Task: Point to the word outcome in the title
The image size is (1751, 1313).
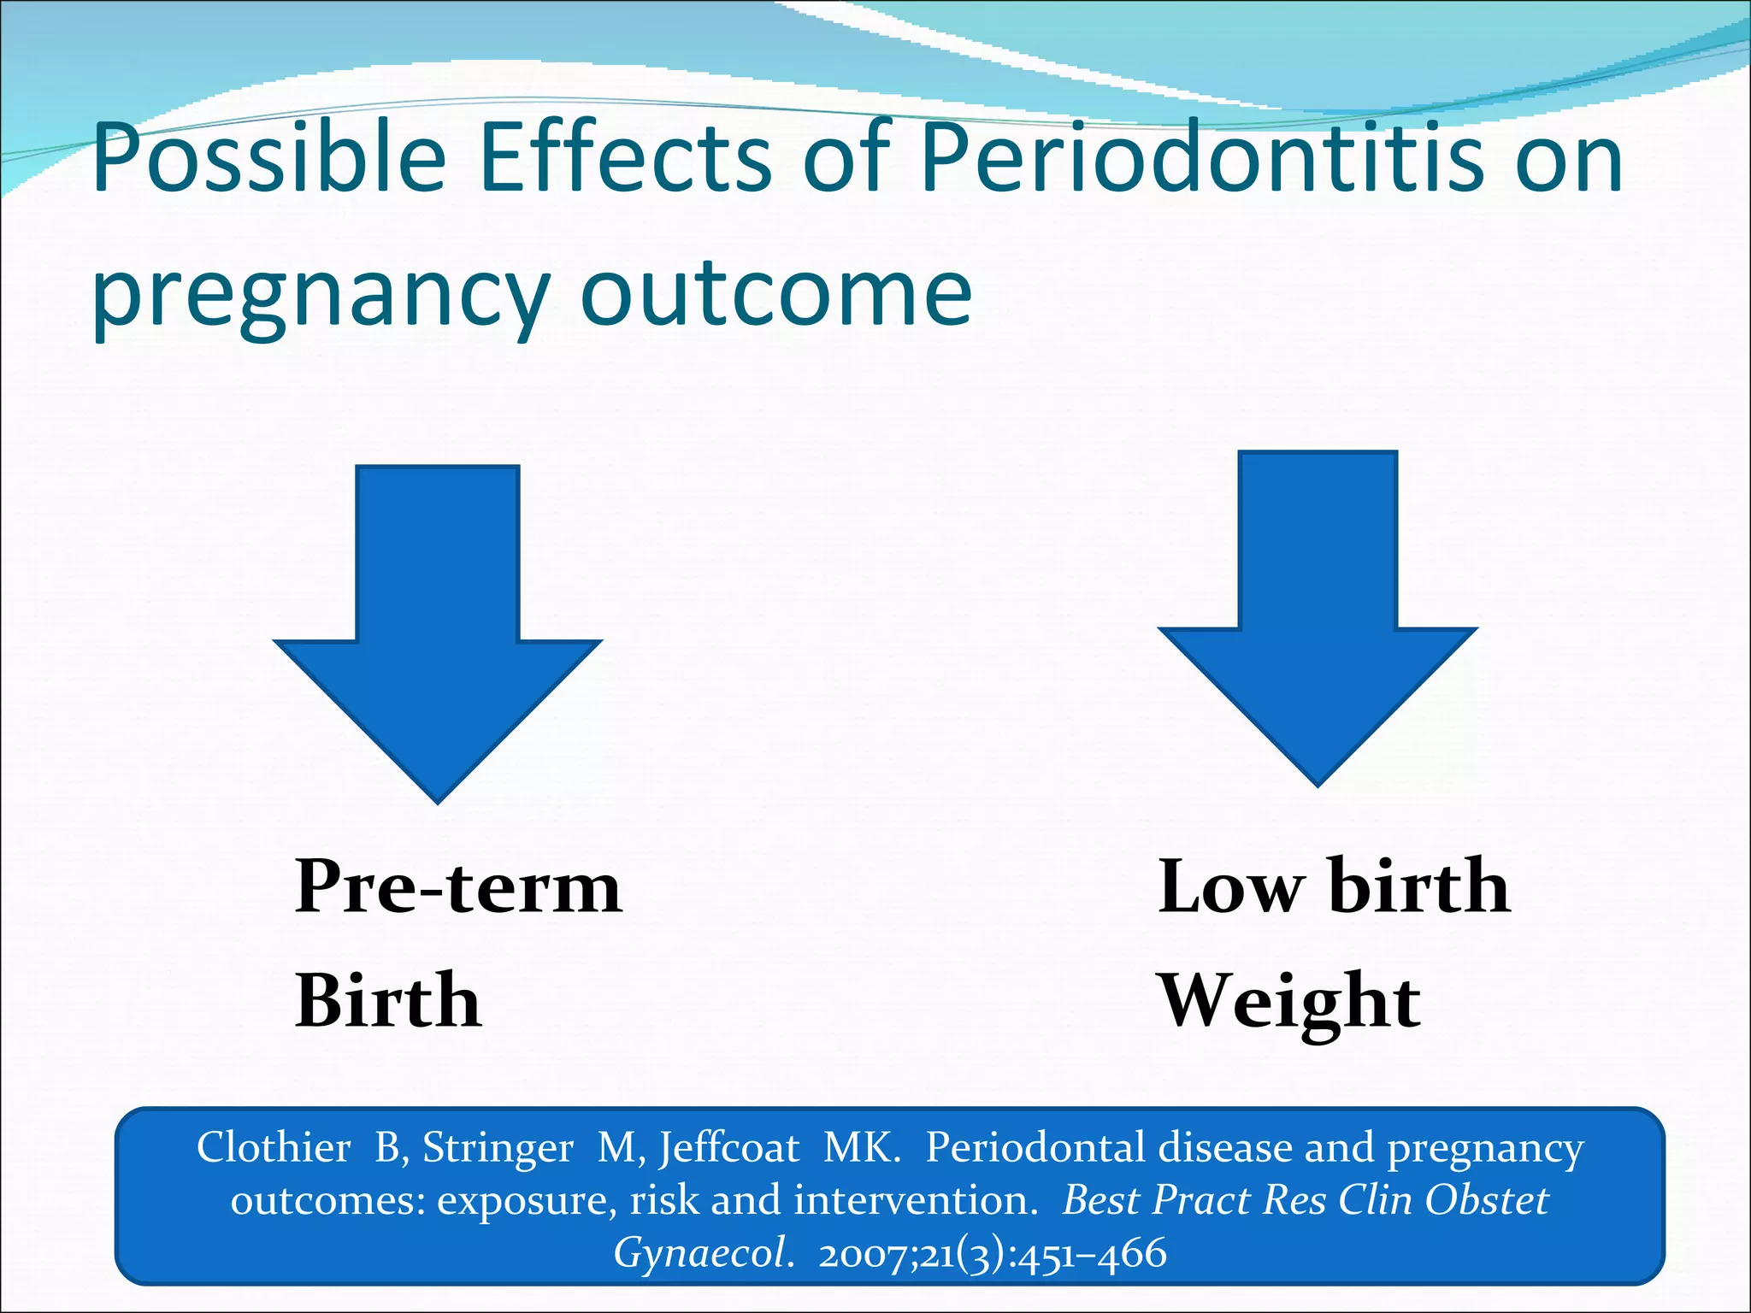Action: [x=775, y=295]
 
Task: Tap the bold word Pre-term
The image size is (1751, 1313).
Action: [x=457, y=886]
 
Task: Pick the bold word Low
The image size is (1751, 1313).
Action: [x=1230, y=886]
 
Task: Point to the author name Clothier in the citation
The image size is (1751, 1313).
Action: [x=274, y=1147]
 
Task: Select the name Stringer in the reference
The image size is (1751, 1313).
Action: [x=498, y=1147]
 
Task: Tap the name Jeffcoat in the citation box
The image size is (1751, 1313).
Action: [x=728, y=1147]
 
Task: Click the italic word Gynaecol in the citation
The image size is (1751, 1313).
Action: [x=701, y=1254]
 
